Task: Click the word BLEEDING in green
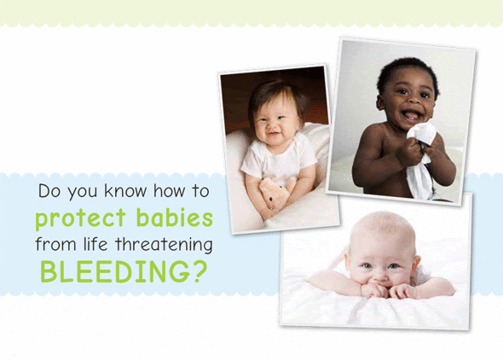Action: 116,271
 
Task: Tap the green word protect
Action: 80,219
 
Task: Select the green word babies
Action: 175,218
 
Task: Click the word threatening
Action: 164,245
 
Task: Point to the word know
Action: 125,191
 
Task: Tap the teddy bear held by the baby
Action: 276,195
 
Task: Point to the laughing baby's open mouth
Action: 412,115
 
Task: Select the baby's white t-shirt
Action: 278,159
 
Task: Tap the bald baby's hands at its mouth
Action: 387,290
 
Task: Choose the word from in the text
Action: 55,244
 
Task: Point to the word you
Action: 82,193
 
